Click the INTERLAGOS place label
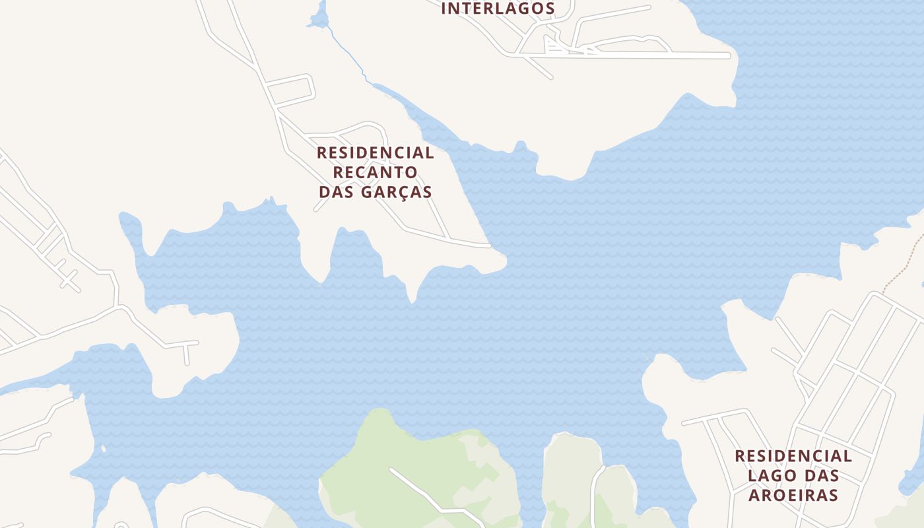498,9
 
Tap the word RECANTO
375,172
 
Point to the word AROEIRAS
793,495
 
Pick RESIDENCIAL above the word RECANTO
375,152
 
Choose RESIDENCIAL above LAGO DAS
793,455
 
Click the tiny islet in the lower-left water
103,449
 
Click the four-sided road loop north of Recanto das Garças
290,91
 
